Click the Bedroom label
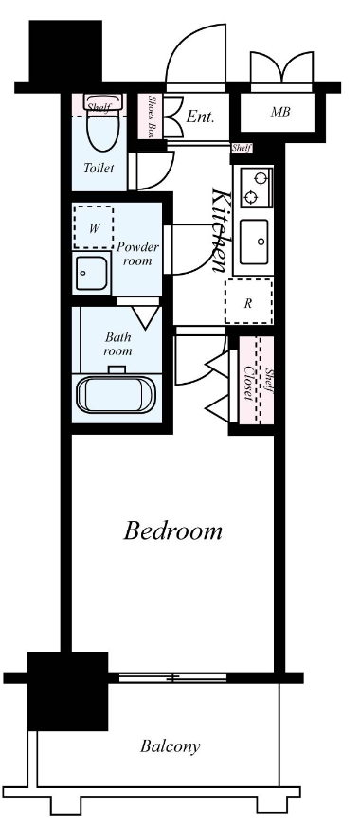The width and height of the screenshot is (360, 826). click(173, 530)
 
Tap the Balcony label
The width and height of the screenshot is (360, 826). click(171, 746)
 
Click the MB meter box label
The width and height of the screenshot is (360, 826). click(279, 113)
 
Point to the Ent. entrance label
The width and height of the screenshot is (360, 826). click(200, 117)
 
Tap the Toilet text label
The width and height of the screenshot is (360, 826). click(99, 168)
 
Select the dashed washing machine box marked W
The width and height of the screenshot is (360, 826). click(94, 227)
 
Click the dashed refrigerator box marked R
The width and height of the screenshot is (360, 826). click(248, 302)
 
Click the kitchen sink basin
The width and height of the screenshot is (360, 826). click(253, 243)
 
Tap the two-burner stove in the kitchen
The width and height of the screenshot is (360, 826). click(253, 187)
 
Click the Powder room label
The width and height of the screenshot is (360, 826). click(137, 253)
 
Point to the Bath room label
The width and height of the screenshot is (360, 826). click(118, 343)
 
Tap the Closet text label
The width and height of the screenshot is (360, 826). click(249, 382)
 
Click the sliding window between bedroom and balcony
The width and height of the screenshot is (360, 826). click(171, 678)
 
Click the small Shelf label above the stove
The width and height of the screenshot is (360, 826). click(243, 148)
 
